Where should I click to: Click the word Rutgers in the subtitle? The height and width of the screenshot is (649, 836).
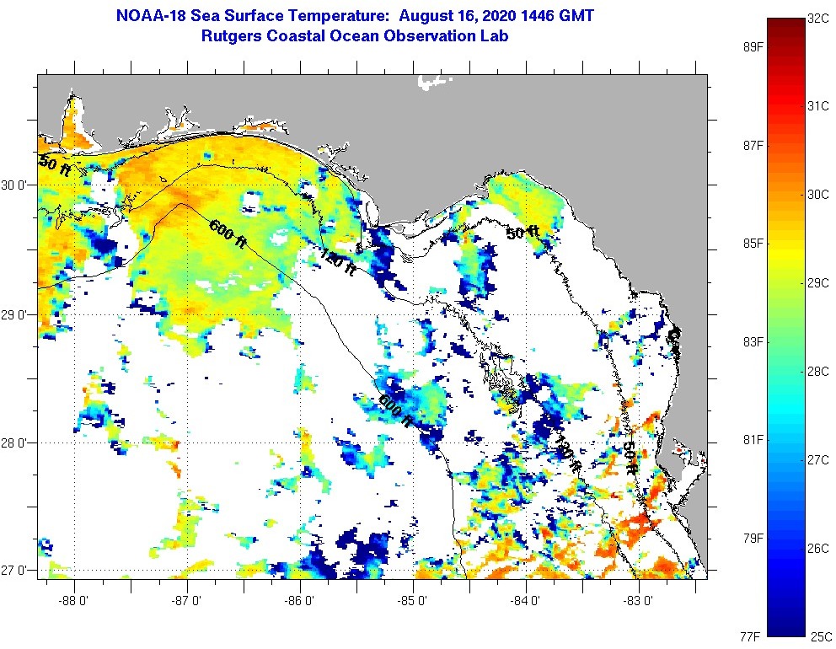click(230, 36)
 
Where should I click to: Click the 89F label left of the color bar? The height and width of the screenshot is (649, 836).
click(753, 47)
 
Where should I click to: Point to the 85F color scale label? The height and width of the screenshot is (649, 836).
click(753, 244)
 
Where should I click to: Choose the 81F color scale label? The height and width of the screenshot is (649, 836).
click(753, 440)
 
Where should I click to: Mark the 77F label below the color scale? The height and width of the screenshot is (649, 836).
click(753, 636)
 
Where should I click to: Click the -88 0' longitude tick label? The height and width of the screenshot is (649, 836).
click(74, 601)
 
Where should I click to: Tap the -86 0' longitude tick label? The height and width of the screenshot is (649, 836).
click(300, 601)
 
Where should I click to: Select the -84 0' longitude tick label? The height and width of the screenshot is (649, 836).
click(526, 601)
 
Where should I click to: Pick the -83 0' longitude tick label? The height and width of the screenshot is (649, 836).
click(639, 601)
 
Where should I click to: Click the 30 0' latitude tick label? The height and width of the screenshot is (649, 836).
click(17, 185)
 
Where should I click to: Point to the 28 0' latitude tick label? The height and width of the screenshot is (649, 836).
click(17, 442)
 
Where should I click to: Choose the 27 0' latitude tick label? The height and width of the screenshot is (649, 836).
click(17, 571)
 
